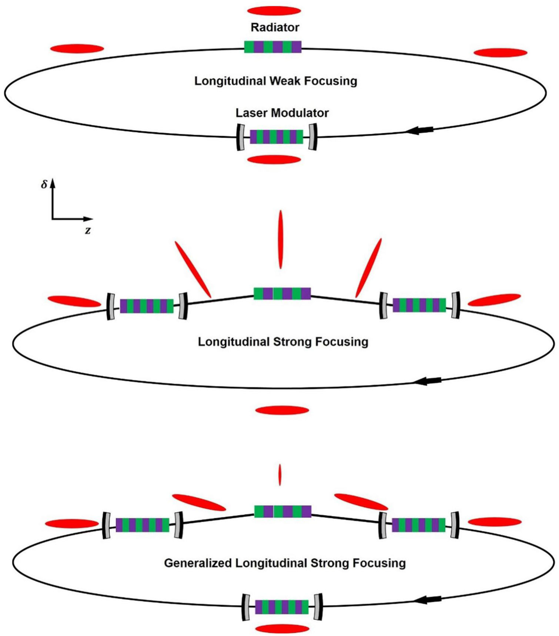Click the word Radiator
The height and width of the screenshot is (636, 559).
click(275, 27)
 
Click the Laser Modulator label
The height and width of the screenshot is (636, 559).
click(282, 113)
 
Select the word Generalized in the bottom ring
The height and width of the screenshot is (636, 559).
click(198, 563)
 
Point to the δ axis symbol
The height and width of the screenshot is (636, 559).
click(44, 184)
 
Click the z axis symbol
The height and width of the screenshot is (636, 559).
click(88, 231)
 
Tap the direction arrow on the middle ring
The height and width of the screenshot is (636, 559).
click(428, 381)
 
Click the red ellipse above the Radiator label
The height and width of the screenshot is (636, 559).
click(274, 11)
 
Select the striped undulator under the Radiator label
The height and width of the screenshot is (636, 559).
click(273, 47)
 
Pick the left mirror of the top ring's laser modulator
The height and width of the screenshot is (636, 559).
click(241, 137)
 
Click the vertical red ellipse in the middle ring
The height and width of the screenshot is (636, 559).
click(281, 239)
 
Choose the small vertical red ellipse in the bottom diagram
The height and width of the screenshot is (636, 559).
click(280, 475)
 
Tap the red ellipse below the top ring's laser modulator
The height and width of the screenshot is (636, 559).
click(274, 160)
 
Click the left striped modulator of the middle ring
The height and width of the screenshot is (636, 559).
click(147, 306)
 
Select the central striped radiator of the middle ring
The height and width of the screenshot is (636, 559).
click(282, 294)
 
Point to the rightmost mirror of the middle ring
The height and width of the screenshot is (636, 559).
click(455, 305)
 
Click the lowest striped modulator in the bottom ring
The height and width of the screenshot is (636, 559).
click(282, 607)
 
